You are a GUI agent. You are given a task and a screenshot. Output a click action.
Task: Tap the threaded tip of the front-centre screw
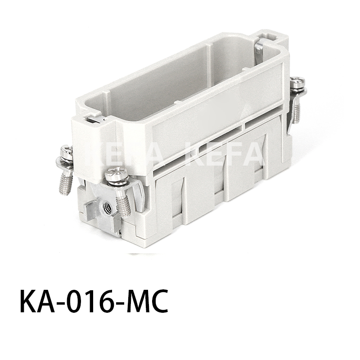pos(123,208)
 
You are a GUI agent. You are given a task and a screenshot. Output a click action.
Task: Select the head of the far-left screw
pos(67,151)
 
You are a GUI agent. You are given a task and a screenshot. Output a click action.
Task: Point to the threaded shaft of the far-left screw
pos(66,182)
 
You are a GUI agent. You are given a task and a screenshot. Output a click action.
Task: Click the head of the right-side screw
pos(297,82)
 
